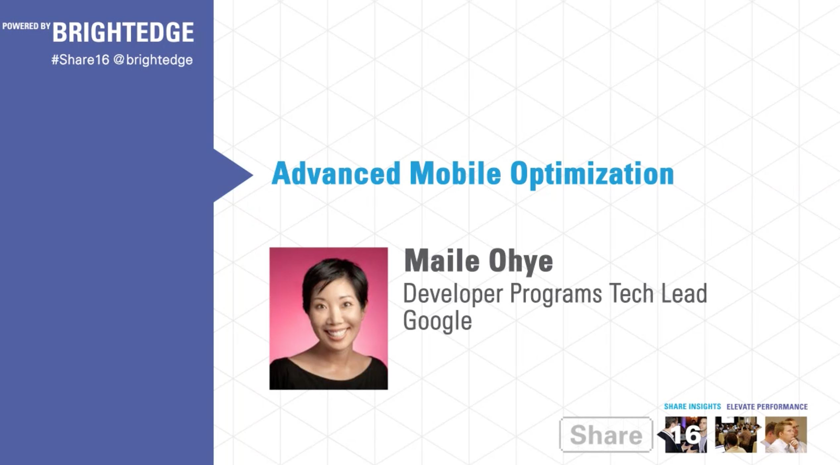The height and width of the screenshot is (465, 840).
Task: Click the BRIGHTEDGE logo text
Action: click(x=123, y=32)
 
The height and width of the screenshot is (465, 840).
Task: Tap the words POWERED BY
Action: click(x=26, y=26)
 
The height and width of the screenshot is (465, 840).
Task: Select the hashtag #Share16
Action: click(x=80, y=60)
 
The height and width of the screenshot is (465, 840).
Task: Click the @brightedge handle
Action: click(x=153, y=60)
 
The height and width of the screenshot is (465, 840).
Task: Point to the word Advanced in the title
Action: click(x=336, y=173)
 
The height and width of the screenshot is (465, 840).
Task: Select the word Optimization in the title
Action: click(x=592, y=175)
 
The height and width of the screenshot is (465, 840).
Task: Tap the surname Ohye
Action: click(x=521, y=262)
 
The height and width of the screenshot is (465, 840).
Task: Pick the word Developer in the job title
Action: click(x=453, y=295)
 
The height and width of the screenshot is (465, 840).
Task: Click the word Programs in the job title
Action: click(x=556, y=295)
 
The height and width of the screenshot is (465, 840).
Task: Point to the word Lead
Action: click(x=684, y=293)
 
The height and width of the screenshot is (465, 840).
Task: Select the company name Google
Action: click(x=437, y=321)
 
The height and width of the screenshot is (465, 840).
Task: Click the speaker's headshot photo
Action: click(x=329, y=318)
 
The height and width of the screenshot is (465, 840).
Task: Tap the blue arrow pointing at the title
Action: click(x=233, y=175)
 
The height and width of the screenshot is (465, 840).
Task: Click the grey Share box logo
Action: click(x=606, y=435)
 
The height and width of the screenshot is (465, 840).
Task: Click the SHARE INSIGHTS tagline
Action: click(x=692, y=407)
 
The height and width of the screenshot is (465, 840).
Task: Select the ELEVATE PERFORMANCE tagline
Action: click(x=767, y=407)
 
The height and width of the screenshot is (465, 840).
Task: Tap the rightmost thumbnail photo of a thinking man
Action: click(x=786, y=435)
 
